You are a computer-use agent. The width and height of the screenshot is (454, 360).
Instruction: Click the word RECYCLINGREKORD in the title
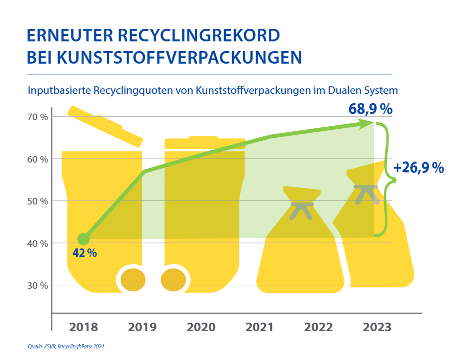pyautogui.click(x=201, y=36)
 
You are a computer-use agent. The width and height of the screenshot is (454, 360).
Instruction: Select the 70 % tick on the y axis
pyautogui.click(x=37, y=117)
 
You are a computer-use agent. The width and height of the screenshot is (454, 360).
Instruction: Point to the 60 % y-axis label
pyautogui.click(x=37, y=159)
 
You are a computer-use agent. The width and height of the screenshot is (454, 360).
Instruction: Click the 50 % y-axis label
pyautogui.click(x=37, y=201)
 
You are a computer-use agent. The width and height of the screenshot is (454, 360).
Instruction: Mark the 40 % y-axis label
pyautogui.click(x=37, y=243)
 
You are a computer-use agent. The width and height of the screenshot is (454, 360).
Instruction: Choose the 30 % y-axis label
pyautogui.click(x=37, y=285)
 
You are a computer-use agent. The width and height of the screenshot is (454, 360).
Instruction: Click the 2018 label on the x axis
pyautogui.click(x=84, y=327)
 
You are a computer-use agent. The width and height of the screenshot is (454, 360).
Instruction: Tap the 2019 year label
pyautogui.click(x=142, y=327)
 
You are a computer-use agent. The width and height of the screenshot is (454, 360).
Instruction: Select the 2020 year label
pyautogui.click(x=201, y=327)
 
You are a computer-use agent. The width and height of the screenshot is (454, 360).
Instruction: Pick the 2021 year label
pyautogui.click(x=260, y=327)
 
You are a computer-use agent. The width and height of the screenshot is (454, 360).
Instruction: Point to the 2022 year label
pyautogui.click(x=318, y=327)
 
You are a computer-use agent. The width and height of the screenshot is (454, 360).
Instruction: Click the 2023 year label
pyautogui.click(x=377, y=327)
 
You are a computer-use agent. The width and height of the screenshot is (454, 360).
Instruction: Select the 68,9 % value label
pyautogui.click(x=371, y=109)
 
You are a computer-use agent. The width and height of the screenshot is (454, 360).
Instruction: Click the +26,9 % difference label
pyautogui.click(x=419, y=168)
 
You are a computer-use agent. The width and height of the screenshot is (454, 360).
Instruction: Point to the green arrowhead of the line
pyautogui.click(x=367, y=124)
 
